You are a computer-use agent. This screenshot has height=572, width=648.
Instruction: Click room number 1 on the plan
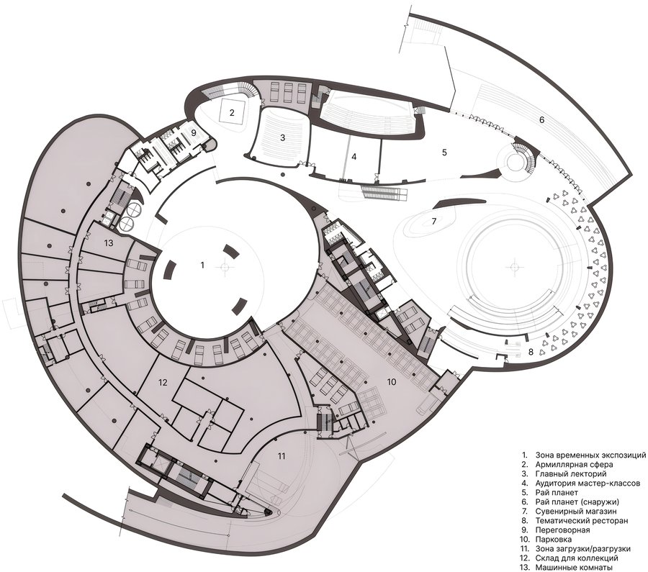click(x=202, y=265)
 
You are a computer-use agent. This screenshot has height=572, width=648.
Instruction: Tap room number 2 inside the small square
click(x=233, y=112)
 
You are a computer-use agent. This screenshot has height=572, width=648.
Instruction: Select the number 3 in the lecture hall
click(x=283, y=138)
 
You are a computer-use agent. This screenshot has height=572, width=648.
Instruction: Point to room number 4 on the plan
click(x=354, y=157)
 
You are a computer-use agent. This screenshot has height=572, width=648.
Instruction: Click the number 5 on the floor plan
click(x=444, y=153)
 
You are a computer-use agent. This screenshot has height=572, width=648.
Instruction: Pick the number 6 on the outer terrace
click(x=542, y=119)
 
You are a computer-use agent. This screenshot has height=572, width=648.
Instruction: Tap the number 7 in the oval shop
click(x=434, y=222)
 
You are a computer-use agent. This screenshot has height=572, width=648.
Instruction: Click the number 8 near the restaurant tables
click(x=531, y=353)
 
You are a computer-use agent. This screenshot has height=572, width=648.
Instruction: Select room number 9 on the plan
click(x=193, y=133)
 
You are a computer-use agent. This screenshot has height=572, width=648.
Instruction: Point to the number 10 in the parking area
click(x=392, y=381)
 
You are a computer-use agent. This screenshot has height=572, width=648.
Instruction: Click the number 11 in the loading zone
click(x=282, y=456)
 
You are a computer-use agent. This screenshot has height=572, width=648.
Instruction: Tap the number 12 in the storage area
click(x=163, y=383)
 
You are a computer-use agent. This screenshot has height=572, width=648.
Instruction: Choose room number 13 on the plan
click(x=109, y=243)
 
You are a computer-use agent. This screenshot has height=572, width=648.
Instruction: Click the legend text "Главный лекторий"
click(x=571, y=473)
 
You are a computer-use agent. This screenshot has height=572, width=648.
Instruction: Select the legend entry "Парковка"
click(x=554, y=540)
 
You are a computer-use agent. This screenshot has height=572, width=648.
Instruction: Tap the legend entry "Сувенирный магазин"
click(x=576, y=512)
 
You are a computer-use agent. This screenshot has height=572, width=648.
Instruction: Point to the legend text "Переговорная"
click(x=562, y=530)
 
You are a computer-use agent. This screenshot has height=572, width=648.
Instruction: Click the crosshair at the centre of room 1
click(x=224, y=267)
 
